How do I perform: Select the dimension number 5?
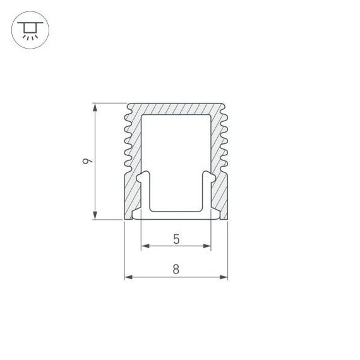tap(176, 239)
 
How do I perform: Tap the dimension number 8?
tap(176, 269)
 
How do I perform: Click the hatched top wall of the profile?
tap(176, 109)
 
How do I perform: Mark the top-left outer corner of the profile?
tap(128, 103)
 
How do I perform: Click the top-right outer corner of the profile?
tap(225, 103)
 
